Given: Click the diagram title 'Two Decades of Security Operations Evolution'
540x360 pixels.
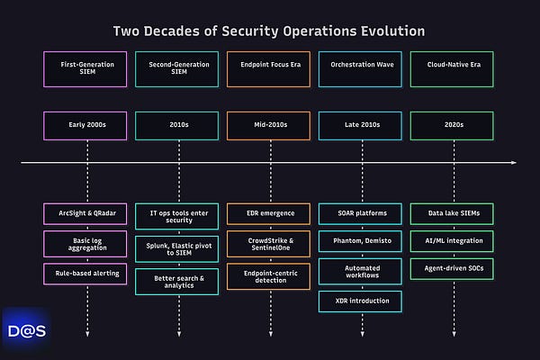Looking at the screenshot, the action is click(269, 31).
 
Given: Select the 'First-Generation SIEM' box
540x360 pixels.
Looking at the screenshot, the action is click(87, 69).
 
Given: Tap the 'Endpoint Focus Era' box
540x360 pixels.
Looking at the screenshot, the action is click(270, 69).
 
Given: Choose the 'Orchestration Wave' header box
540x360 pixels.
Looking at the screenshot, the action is click(361, 69).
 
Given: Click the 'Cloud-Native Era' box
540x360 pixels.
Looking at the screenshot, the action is click(453, 69).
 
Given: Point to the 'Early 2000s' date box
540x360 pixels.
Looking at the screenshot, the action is click(87, 127).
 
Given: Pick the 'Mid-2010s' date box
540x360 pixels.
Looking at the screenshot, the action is click(270, 127).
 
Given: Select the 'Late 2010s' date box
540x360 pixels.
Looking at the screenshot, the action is click(361, 127).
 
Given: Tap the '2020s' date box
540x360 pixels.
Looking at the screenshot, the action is click(453, 127).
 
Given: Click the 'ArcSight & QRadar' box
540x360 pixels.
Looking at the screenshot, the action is click(87, 213).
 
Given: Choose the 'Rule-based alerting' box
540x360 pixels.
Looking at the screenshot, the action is click(87, 271).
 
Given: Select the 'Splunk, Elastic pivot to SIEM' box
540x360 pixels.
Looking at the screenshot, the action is click(178, 247).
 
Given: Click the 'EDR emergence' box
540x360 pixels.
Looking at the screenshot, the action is click(270, 213).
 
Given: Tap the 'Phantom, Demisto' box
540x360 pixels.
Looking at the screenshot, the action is click(361, 242).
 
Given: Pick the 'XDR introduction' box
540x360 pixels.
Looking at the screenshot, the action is click(361, 300).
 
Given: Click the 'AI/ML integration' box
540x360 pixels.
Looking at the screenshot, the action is click(453, 242).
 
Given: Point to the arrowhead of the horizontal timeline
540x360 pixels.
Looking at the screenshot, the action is click(514, 163).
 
